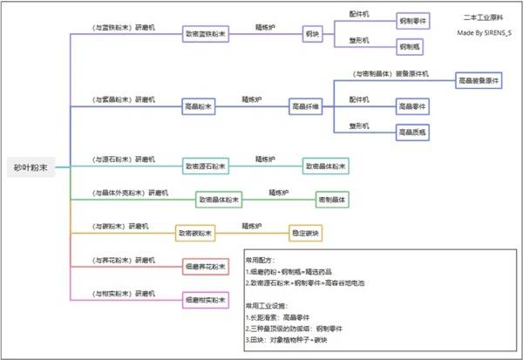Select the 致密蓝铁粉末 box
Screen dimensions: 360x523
click(206, 35)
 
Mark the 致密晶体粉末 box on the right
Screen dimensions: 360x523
click(325, 165)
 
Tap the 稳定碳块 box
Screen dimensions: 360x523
click(306, 233)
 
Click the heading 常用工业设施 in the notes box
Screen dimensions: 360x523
click(267, 307)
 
